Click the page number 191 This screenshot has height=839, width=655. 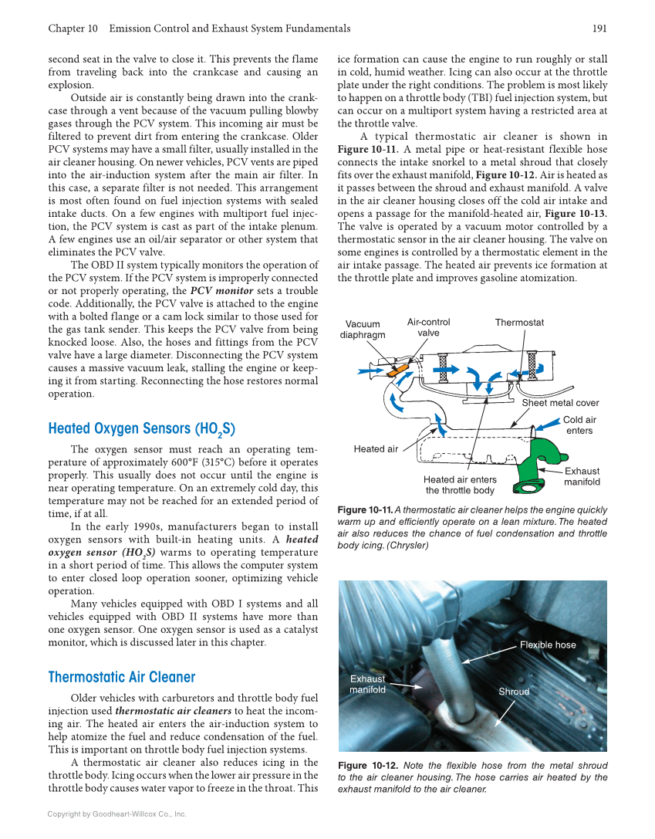coord(599,29)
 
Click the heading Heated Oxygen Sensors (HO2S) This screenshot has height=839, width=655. coord(141,430)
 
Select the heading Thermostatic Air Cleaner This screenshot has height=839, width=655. coord(122,678)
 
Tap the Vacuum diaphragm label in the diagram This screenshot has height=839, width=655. coord(363,330)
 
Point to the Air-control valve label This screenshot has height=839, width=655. coord(428,327)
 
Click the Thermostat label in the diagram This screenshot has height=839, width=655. coord(519,323)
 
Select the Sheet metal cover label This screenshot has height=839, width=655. coord(560,403)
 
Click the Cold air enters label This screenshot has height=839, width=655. coord(579,425)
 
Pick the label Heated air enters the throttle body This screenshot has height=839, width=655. coord(460,485)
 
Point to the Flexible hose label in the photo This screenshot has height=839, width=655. coord(548,644)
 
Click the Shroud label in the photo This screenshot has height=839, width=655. coord(514,692)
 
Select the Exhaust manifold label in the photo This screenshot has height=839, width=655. coord(367,684)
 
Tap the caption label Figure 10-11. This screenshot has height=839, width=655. coord(365,510)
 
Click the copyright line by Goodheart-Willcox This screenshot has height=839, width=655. coord(116,814)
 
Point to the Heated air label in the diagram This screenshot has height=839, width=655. coord(376,449)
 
